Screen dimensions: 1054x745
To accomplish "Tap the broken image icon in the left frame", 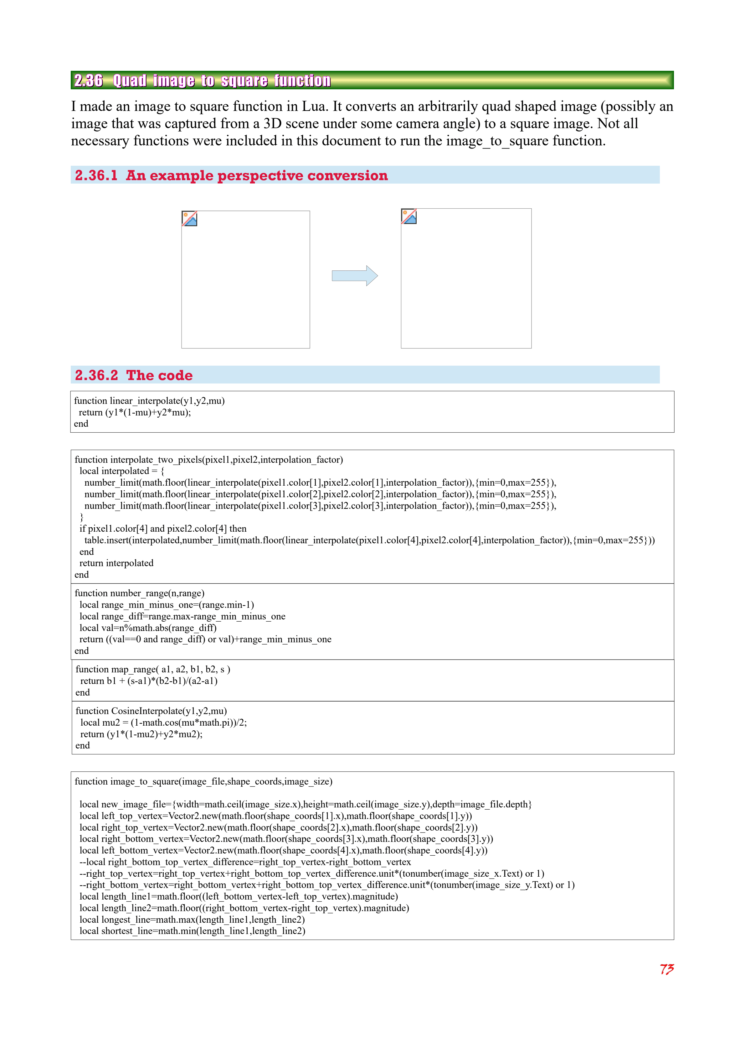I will (x=189, y=218).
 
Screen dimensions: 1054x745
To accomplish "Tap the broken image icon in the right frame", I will (x=409, y=216).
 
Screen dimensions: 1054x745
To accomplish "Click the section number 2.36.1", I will (x=96, y=175).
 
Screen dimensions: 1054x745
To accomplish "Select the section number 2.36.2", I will (x=96, y=375).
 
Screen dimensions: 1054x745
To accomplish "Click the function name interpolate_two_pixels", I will (x=155, y=460).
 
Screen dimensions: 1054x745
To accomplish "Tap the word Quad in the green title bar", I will (x=129, y=81).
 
